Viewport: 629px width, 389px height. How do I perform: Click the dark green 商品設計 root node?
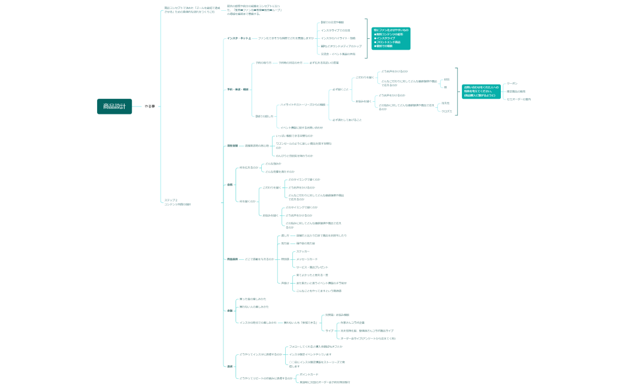114,106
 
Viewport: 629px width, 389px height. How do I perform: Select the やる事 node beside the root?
149,106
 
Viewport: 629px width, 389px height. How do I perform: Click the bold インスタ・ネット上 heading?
238,38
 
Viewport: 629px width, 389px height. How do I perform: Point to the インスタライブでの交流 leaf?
335,30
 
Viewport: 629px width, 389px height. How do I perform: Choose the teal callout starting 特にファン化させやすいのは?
391,38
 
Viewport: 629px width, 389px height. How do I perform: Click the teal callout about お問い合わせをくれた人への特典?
480,91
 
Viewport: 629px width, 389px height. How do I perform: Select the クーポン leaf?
512,83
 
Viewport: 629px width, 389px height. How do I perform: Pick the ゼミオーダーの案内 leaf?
519,99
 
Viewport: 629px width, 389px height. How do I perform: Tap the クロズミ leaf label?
446,111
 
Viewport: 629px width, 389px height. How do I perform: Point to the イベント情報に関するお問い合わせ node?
301,127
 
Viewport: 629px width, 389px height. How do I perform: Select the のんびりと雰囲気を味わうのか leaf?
294,156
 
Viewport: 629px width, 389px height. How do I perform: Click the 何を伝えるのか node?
249,168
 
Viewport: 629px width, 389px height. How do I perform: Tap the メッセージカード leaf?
307,259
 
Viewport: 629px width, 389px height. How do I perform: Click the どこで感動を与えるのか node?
259,259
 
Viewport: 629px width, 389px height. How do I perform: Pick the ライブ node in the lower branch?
329,330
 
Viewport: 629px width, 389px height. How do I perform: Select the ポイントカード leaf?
309,374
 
